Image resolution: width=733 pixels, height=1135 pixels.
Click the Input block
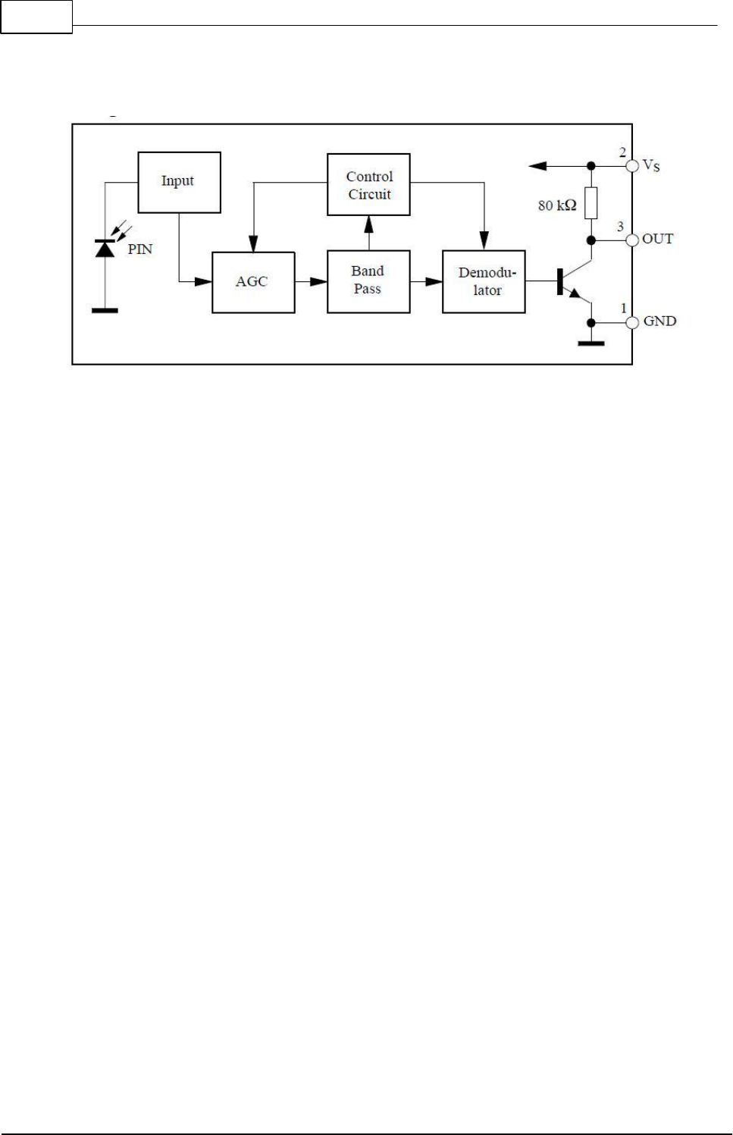(179, 182)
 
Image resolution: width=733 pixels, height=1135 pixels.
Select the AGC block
(253, 282)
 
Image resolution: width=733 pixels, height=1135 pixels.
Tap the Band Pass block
(368, 281)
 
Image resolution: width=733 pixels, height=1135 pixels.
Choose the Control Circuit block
(368, 185)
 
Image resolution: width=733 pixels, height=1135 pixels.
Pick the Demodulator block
(484, 281)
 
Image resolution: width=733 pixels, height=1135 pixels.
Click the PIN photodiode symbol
(105, 248)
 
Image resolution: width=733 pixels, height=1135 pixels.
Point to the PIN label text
(140, 249)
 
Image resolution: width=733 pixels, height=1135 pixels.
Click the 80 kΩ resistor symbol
(591, 203)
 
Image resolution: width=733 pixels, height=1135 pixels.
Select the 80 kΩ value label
(557, 205)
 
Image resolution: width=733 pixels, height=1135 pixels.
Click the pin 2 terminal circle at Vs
(632, 165)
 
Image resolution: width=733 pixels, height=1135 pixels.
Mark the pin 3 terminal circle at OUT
(632, 240)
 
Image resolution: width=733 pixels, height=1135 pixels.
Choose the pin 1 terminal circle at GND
(632, 322)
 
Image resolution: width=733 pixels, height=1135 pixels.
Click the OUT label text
(657, 239)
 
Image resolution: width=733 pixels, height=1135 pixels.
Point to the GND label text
(659, 321)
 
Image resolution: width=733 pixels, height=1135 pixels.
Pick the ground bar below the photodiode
(105, 310)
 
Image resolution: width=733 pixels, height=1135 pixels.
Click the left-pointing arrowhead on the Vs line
(537, 165)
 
